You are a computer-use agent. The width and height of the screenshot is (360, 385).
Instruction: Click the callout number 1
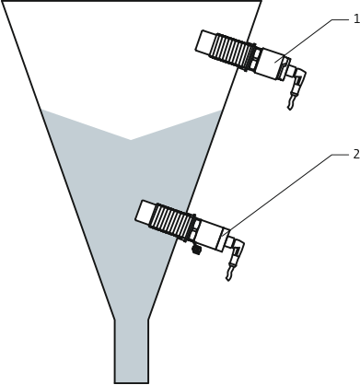pyautogui.click(x=354, y=18)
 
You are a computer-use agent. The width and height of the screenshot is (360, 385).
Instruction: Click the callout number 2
pyautogui.click(x=355, y=154)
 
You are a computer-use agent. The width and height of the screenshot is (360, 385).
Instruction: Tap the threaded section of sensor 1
pyautogui.click(x=231, y=51)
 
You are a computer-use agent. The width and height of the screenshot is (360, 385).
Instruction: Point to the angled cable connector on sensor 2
pyautogui.click(x=237, y=249)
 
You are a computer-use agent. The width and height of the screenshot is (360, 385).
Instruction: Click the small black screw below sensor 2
pyautogui.click(x=195, y=249)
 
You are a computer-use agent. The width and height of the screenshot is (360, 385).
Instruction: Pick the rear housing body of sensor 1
pyautogui.click(x=271, y=64)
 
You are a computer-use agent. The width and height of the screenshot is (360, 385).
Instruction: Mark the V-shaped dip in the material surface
pyautogui.click(x=131, y=139)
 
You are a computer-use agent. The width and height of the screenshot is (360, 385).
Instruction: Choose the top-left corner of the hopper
pyautogui.click(x=3, y=2)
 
